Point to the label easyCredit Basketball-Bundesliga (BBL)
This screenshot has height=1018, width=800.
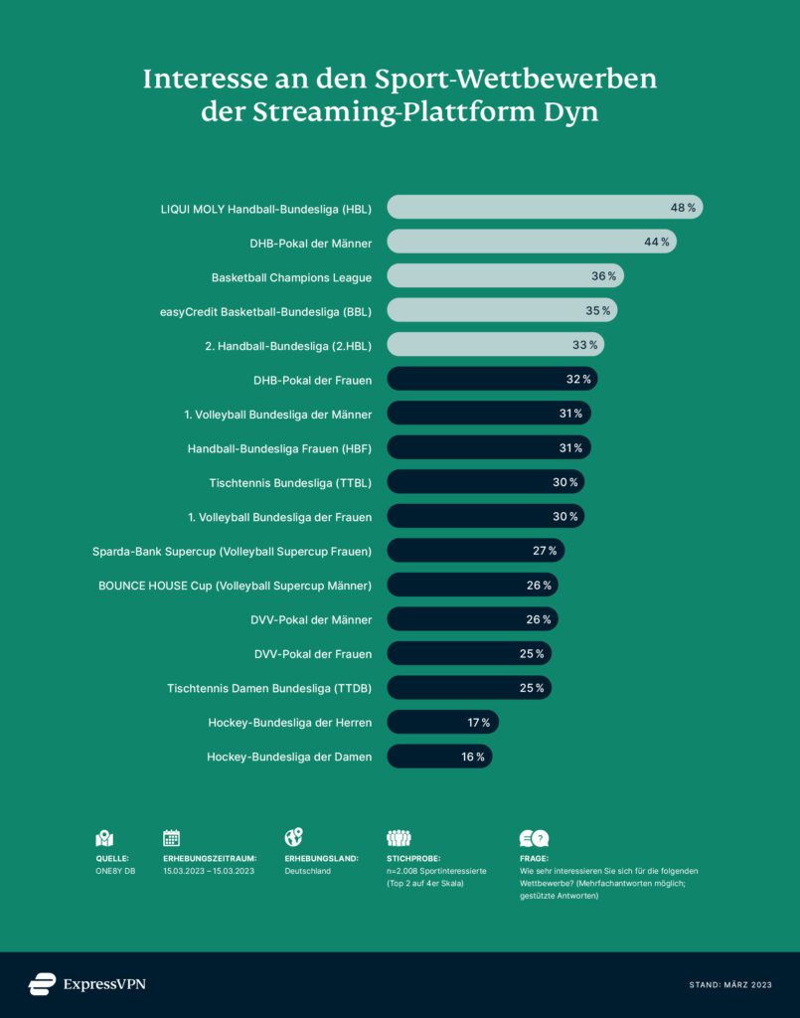click(x=265, y=311)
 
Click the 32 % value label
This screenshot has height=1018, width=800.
click(x=578, y=380)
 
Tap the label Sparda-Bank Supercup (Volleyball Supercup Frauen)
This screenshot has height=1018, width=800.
click(x=232, y=551)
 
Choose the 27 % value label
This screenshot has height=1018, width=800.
click(x=545, y=551)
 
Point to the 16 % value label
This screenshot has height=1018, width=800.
click(x=473, y=757)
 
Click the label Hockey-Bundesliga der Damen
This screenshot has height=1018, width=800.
click(x=289, y=757)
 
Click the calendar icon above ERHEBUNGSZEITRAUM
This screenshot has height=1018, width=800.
click(x=172, y=837)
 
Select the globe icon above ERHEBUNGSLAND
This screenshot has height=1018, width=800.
click(x=293, y=837)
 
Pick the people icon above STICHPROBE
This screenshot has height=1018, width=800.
click(x=399, y=837)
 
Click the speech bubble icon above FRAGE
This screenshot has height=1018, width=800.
click(x=534, y=837)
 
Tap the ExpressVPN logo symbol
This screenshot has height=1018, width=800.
click(x=42, y=984)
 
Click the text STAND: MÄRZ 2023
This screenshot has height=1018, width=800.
click(x=730, y=985)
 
